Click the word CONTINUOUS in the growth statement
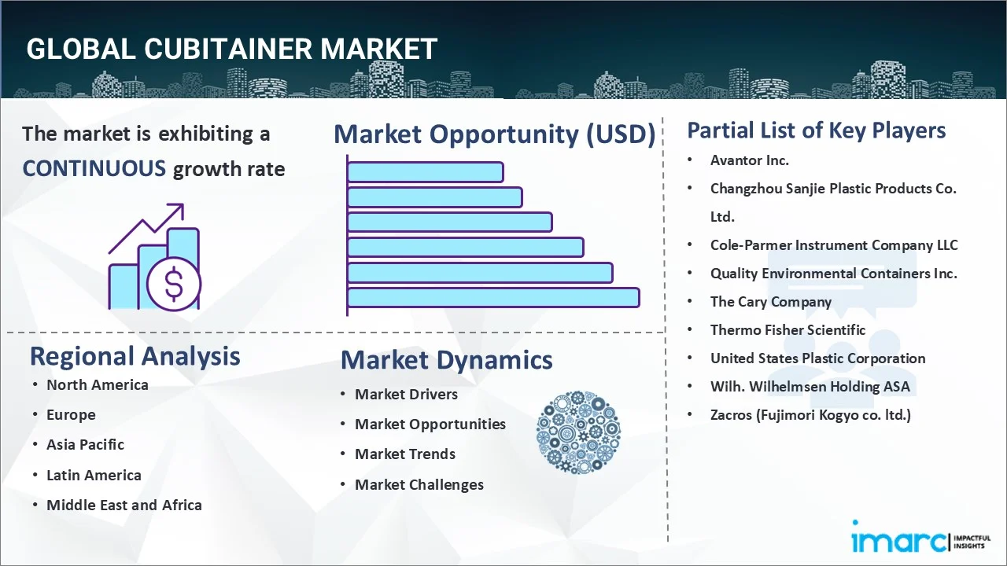[x=94, y=168]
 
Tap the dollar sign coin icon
[x=174, y=285]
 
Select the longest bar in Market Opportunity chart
[x=493, y=297]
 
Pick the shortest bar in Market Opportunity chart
[x=425, y=171]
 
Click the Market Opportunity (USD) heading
[x=494, y=134]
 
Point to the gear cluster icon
[x=578, y=432]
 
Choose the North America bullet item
[x=97, y=384]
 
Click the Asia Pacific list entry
[x=85, y=444]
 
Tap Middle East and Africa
[x=124, y=505]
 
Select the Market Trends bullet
[x=404, y=454]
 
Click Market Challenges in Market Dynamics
[x=419, y=484]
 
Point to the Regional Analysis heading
[x=135, y=356]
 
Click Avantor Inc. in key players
[x=749, y=160]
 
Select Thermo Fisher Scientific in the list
[x=788, y=330]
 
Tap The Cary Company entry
[x=770, y=302]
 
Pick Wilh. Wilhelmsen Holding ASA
[x=810, y=387]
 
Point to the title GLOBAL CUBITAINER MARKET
[x=231, y=50]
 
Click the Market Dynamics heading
[x=446, y=360]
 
